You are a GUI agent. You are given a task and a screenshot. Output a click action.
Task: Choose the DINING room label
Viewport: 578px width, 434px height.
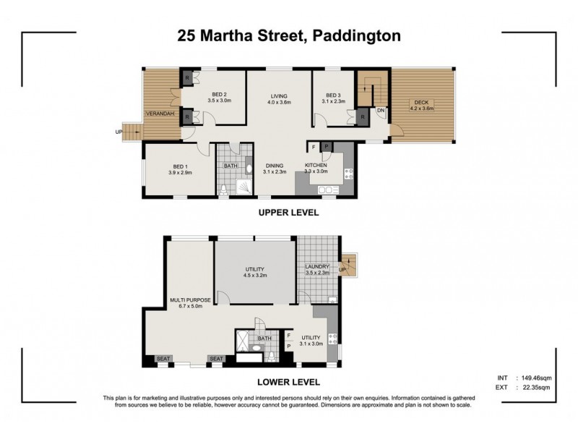(x=274, y=168)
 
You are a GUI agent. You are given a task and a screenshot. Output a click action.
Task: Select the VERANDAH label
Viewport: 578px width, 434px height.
(x=158, y=114)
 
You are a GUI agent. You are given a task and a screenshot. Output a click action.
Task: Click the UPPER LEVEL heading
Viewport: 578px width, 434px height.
(x=289, y=213)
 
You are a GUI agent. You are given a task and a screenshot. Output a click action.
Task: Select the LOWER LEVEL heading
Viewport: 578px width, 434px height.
(x=289, y=381)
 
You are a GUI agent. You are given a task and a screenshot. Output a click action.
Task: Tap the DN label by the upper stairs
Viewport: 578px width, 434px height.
(x=380, y=110)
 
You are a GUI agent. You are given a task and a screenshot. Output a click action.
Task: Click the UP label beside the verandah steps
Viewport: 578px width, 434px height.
(x=118, y=132)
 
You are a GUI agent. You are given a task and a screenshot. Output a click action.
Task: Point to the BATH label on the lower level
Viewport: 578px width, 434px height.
(x=264, y=338)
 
